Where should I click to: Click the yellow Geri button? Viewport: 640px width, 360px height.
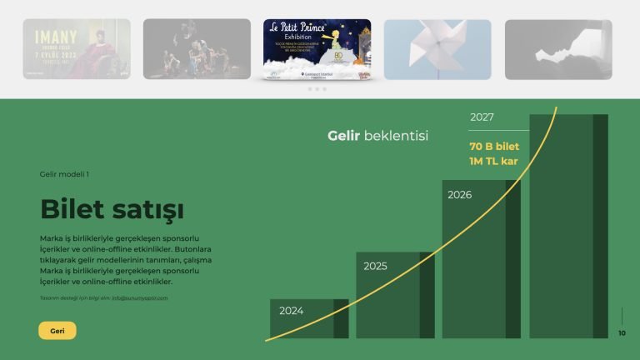57,331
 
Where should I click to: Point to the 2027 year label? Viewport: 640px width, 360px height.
482,117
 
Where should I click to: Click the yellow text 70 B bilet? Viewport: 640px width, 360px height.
494,147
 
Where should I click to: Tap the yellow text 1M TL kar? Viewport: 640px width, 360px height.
493,161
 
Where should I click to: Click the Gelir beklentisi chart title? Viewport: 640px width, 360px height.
377,135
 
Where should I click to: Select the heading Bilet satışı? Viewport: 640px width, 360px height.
112,208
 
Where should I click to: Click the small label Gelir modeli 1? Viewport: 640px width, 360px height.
64,174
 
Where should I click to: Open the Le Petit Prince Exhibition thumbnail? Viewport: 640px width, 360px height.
317,49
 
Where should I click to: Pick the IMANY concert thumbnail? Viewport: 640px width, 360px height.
77,49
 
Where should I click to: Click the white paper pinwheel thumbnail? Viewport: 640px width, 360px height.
437,49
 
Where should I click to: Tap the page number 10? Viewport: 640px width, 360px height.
622,333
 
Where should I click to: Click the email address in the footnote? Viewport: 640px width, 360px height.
140,297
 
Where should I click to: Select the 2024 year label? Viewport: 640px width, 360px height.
291,311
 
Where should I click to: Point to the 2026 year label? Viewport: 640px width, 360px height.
459,195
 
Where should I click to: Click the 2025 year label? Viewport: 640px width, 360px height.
375,267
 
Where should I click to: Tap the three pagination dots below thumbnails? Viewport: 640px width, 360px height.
317,89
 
